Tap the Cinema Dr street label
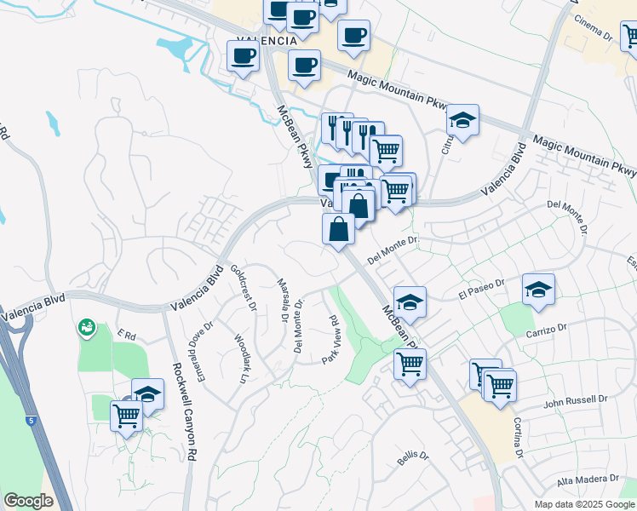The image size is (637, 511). click(x=594, y=28)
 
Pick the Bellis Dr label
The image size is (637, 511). click(x=412, y=457)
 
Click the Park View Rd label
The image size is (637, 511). click(x=331, y=340)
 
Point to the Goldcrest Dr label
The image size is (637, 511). click(x=243, y=287)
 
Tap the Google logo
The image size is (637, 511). click(x=28, y=500)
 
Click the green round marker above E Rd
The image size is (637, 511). click(x=86, y=327)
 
